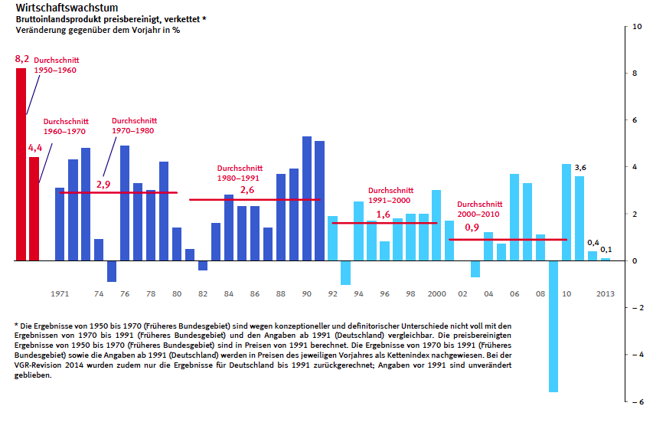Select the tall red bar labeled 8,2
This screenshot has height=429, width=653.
tap(21, 164)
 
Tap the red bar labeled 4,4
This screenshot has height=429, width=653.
tap(34, 208)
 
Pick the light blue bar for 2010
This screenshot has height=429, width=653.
tap(566, 212)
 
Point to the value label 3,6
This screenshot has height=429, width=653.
tap(580, 168)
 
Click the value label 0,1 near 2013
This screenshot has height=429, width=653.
tap(606, 250)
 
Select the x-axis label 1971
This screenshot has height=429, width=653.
tap(60, 293)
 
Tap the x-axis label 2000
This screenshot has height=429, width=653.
tap(436, 293)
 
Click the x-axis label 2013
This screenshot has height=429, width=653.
tap(605, 293)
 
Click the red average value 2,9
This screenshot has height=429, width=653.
tap(104, 185)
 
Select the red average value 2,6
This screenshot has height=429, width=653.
tap(247, 190)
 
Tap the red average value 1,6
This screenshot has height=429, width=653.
tap(384, 215)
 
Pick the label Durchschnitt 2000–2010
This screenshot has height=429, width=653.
tap(480, 209)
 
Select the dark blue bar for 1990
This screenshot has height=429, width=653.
tap(307, 198)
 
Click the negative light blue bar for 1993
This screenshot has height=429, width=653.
tap(346, 273)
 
